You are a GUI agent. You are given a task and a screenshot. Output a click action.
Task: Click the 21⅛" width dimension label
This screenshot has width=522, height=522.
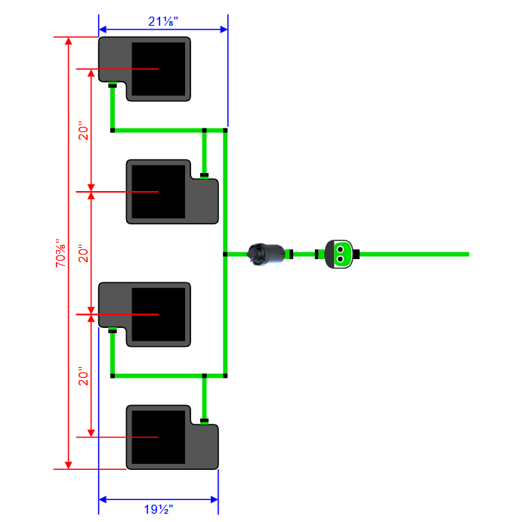tap(162, 21)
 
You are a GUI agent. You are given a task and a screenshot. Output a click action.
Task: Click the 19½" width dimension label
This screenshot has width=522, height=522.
tap(158, 510)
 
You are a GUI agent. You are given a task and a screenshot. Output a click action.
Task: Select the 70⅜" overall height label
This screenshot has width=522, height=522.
tap(60, 253)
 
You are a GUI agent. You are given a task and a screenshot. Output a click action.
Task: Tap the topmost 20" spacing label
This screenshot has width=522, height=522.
tap(84, 131)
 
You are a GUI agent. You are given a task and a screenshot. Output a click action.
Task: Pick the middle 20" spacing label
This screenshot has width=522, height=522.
tap(84, 253)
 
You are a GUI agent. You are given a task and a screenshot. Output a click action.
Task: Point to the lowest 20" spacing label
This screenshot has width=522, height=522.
tap(84, 375)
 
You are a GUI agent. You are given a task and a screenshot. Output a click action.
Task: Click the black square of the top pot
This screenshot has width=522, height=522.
tap(159, 69)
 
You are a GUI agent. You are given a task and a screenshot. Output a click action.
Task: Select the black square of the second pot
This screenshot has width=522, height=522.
tap(159, 191)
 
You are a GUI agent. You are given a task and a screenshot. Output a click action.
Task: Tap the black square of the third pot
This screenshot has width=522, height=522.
tap(159, 314)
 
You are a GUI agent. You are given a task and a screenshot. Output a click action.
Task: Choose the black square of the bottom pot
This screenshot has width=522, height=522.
tap(159, 437)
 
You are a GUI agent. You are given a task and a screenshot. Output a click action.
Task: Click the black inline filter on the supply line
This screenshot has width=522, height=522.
tap(268, 254)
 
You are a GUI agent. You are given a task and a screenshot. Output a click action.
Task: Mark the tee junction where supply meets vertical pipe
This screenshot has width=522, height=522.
tap(226, 254)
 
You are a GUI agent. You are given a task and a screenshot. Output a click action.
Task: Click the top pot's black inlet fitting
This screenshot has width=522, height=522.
tap(112, 85)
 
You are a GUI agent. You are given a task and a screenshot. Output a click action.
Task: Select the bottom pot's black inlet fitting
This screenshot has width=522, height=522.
tap(204, 420)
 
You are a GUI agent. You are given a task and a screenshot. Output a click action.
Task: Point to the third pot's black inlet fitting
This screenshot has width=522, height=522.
tap(112, 331)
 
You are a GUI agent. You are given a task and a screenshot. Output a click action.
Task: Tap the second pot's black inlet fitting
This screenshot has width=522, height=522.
tap(204, 175)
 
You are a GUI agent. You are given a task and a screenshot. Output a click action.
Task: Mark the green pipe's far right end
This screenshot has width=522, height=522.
tap(468, 254)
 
